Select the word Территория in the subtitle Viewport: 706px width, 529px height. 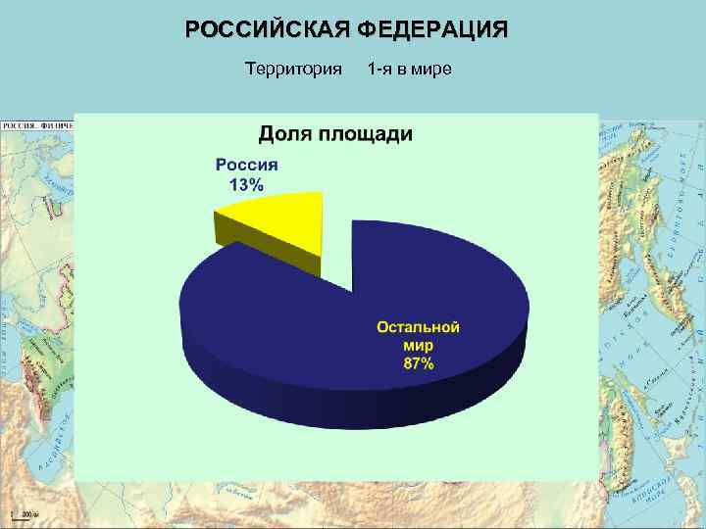coord(292,69)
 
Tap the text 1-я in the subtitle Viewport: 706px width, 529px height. coord(380,69)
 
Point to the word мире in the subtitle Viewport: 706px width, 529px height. coord(430,69)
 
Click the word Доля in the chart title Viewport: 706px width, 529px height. coord(289,134)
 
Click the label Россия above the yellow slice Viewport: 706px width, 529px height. coord(247,166)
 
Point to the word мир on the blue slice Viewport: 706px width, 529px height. coord(419,346)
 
